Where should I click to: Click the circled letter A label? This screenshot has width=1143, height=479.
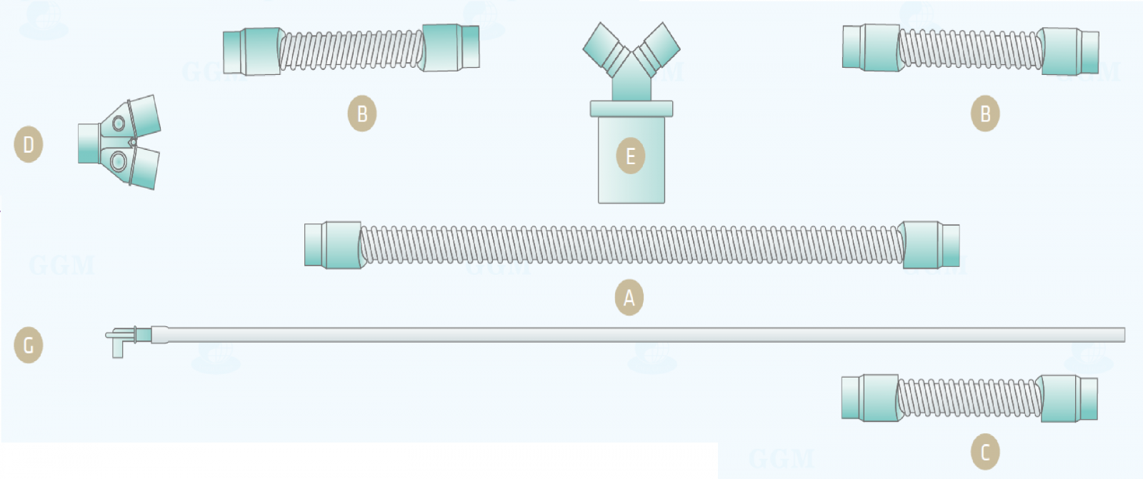[x=629, y=297]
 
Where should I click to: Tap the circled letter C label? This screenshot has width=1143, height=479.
[x=984, y=452]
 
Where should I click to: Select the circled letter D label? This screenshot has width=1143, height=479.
[x=29, y=144]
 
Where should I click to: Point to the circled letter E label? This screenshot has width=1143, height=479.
[x=630, y=156]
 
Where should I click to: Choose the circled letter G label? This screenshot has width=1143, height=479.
[x=29, y=346]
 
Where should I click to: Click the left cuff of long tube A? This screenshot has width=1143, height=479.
[x=334, y=245]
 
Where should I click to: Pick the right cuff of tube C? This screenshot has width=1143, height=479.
[x=1067, y=398]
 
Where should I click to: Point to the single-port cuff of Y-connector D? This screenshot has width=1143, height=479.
[x=89, y=143]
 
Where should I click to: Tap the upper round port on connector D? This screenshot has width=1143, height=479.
[x=119, y=123]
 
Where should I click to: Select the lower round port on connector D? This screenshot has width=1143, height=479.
[x=119, y=161]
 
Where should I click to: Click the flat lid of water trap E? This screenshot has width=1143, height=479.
[x=631, y=109]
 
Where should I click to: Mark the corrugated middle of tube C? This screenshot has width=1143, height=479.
[x=969, y=398]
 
